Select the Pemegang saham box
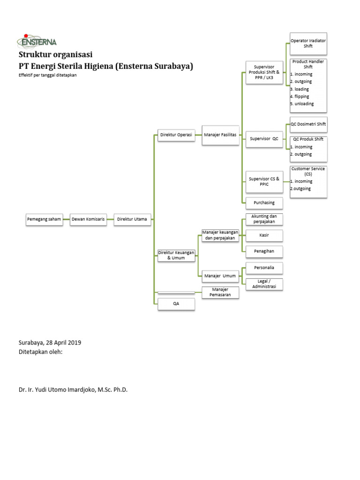click(x=44, y=219)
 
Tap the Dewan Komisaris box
click(x=88, y=219)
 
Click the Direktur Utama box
click(x=132, y=219)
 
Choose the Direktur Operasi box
click(x=176, y=135)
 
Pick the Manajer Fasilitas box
click(x=220, y=135)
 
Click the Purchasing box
click(x=264, y=202)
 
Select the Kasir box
click(x=264, y=234)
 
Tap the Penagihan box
click(x=264, y=251)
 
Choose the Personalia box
click(x=264, y=267)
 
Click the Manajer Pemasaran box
click(x=220, y=292)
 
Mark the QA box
click(x=176, y=304)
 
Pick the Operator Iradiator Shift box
click(x=308, y=44)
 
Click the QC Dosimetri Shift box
click(x=308, y=124)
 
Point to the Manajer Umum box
click(x=220, y=276)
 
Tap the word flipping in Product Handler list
click(x=301, y=97)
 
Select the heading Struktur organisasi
click(x=55, y=55)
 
